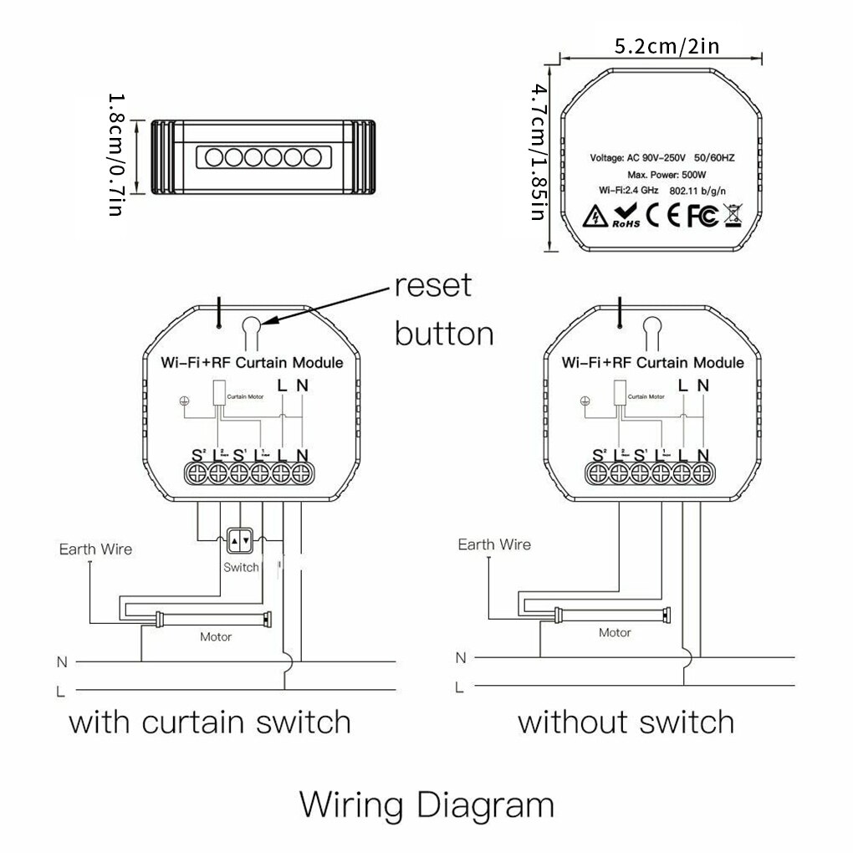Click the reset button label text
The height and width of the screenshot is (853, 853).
[443, 309]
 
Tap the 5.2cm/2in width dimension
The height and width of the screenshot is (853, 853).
[666, 46]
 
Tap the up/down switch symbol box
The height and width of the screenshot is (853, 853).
[240, 541]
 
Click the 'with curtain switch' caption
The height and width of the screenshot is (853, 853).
[209, 721]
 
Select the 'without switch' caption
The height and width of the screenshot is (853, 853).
[626, 721]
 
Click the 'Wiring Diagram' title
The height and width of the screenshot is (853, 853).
[426, 805]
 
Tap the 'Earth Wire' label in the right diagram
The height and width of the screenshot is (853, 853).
[493, 544]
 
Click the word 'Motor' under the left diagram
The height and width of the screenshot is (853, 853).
[216, 636]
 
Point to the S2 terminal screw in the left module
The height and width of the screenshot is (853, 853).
[197, 474]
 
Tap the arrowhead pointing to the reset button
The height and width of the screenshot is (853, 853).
[267, 322]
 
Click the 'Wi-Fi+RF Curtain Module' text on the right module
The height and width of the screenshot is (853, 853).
[652, 362]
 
